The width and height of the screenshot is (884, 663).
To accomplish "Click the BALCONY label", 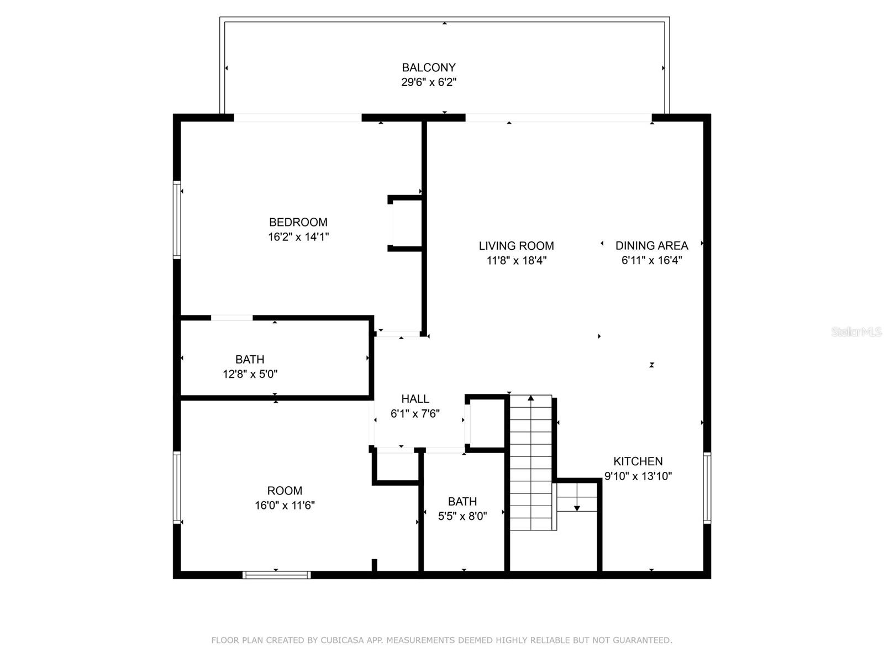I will [429, 67].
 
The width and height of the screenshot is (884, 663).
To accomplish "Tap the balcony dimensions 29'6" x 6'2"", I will [429, 82].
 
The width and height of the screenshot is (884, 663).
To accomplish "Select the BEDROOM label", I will [298, 222].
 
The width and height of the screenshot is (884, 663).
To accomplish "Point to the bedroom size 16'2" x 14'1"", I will [298, 237].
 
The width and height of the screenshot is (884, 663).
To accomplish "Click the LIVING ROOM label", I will [516, 246].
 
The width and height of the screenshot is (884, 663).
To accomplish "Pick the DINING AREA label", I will [652, 245].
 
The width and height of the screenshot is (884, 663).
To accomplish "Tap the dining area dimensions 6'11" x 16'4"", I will [652, 260].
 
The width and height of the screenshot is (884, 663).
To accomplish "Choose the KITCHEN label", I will [638, 461].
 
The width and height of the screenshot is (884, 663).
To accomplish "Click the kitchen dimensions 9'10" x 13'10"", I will [638, 476].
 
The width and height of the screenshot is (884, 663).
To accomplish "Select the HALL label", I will [415, 399].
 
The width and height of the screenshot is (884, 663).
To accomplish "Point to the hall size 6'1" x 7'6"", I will [415, 414].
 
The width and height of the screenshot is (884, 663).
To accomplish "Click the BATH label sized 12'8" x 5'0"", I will [250, 359].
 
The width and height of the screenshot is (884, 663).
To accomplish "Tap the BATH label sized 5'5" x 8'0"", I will [462, 502].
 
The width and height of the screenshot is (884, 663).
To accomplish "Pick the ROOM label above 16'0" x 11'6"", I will [285, 491].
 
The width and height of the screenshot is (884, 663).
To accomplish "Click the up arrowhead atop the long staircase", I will [531, 398].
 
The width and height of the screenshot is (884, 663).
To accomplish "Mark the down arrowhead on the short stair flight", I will [577, 508].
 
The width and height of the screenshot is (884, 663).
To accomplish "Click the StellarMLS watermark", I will [856, 332].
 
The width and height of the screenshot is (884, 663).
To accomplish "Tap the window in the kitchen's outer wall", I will [707, 487].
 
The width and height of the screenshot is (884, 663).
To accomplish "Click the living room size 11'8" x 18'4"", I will [516, 261].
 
